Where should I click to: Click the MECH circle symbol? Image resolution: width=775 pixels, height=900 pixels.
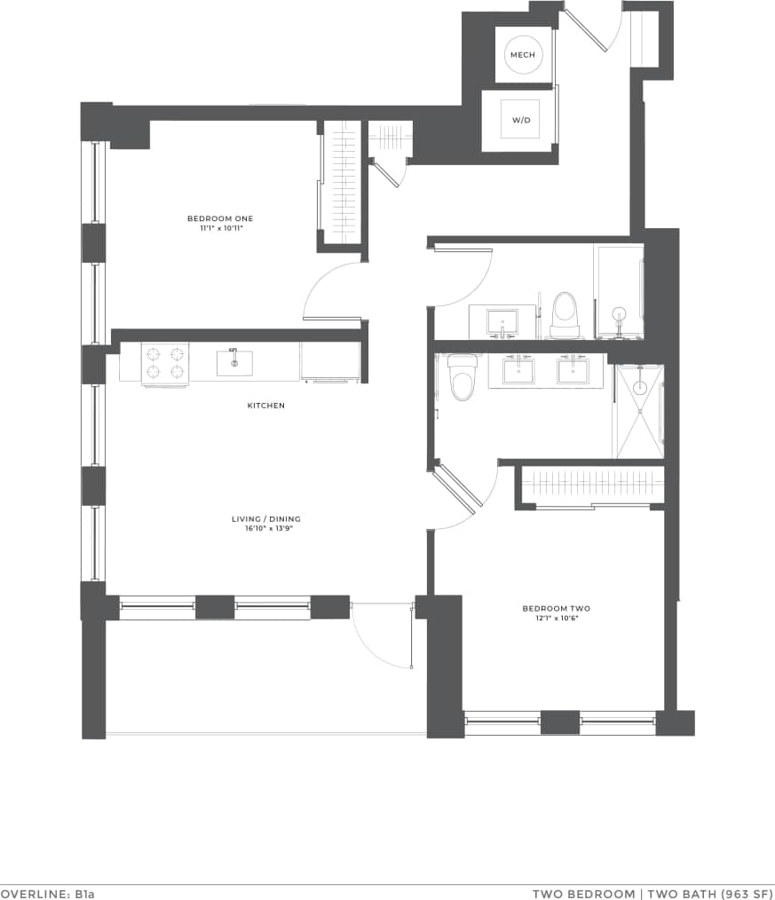point(520,56)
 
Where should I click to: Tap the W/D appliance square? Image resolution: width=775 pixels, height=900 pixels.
point(519,121)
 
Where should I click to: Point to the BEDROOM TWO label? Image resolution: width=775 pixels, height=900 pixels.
point(556,608)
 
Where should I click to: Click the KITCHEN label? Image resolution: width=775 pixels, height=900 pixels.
point(266,406)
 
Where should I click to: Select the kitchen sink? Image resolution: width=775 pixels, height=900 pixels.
point(234,362)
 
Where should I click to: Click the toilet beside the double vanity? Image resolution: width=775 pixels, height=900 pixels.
point(462,378)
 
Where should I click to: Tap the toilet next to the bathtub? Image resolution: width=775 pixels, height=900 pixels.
point(565,315)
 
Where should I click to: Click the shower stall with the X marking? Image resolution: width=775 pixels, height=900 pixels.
point(640,410)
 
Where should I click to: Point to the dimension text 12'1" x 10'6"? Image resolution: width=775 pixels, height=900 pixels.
point(556,618)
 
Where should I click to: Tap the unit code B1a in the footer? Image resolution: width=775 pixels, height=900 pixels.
point(83,893)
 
